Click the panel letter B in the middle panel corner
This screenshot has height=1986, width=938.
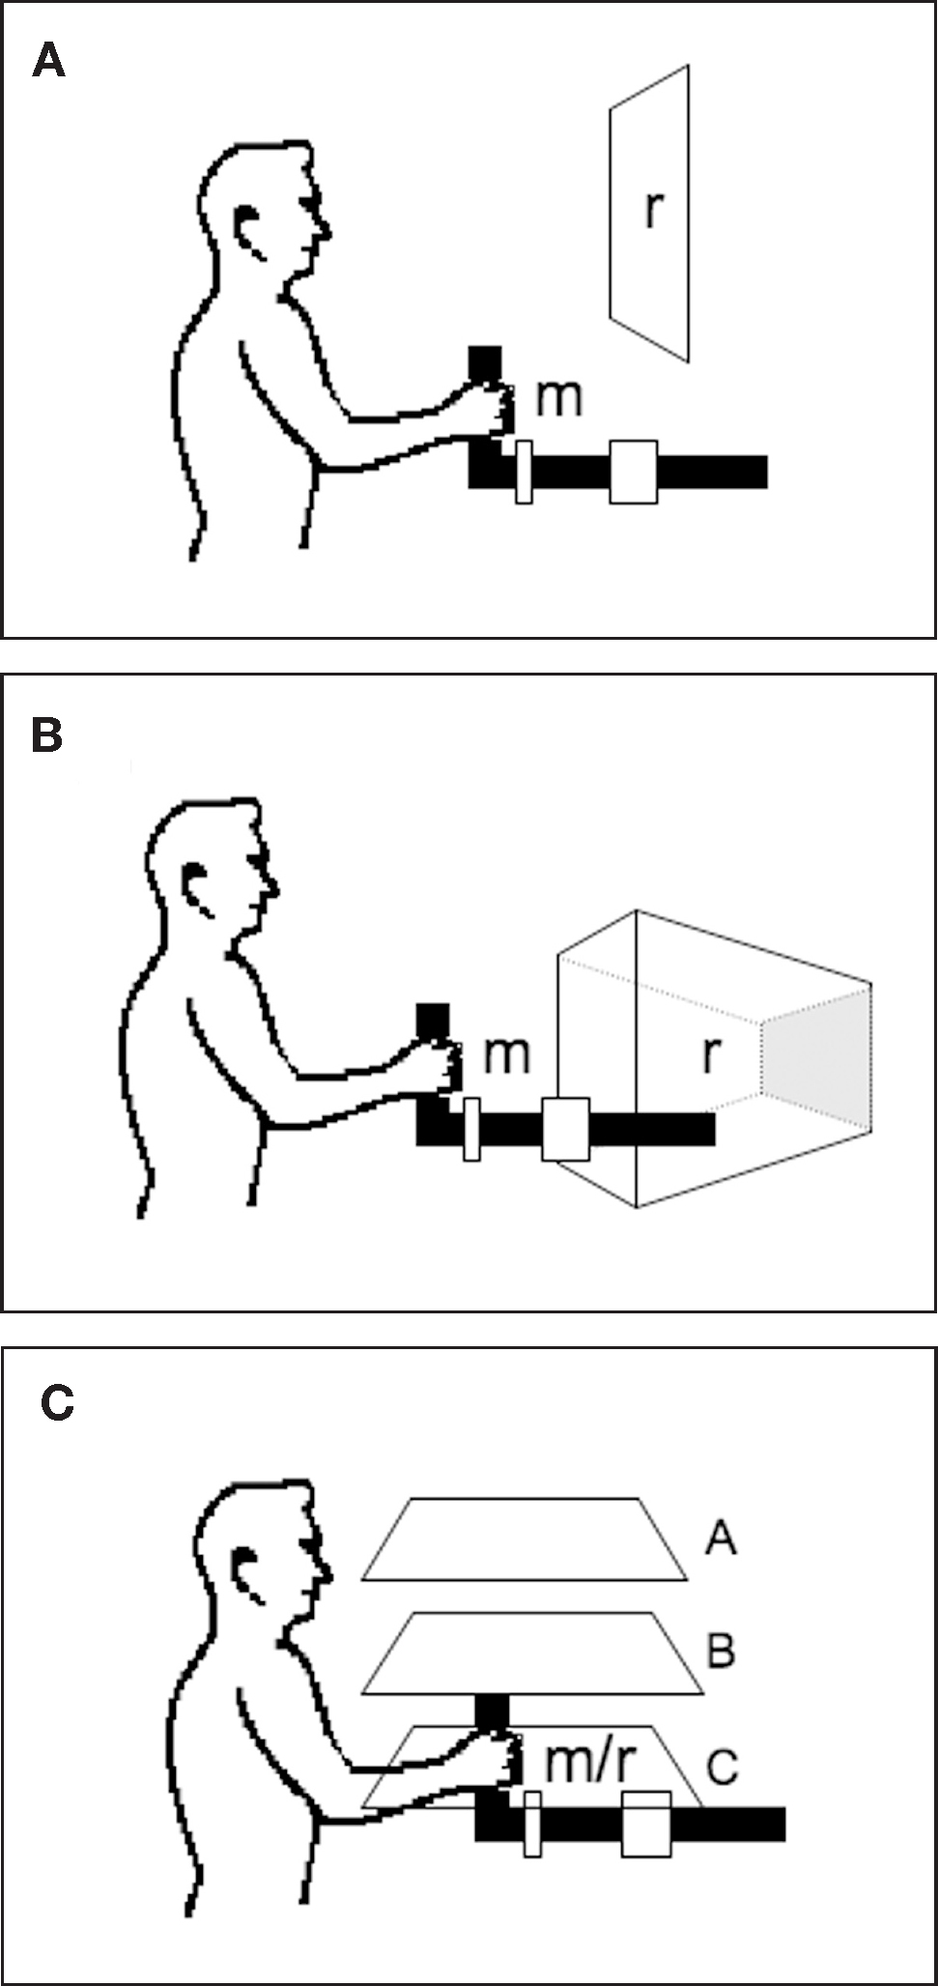pyautogui.click(x=46, y=735)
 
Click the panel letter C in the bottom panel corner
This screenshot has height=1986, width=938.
pyautogui.click(x=57, y=1403)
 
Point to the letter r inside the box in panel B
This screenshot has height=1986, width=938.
pyautogui.click(x=711, y=1053)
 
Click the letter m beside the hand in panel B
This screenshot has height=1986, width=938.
pyautogui.click(x=506, y=1053)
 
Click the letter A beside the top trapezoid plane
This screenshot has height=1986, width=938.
pyautogui.click(x=721, y=1537)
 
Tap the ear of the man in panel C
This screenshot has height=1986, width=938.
pyautogui.click(x=246, y=1572)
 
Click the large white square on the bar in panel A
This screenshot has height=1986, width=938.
pyautogui.click(x=633, y=472)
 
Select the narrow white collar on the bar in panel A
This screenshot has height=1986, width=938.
pyautogui.click(x=524, y=472)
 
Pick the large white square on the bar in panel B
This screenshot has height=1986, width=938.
pyautogui.click(x=565, y=1128)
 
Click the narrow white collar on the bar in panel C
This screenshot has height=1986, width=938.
pyautogui.click(x=531, y=1823)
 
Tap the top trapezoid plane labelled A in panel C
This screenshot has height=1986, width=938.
pyautogui.click(x=525, y=1540)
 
